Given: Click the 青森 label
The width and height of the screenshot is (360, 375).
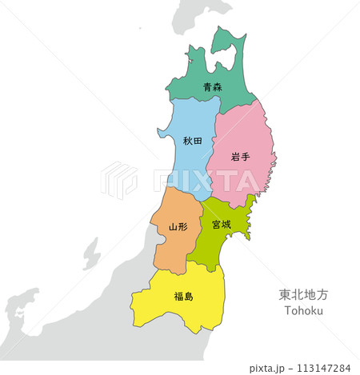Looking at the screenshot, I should point(212,87).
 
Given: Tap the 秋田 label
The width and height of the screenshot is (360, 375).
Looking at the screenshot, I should point(192,141).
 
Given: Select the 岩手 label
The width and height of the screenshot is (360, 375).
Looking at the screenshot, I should point(240,157).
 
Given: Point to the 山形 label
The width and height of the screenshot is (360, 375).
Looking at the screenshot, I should point(178,227).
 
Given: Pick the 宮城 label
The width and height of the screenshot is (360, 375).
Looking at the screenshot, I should point(222,225).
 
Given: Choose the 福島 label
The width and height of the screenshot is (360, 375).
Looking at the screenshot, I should point(183,296).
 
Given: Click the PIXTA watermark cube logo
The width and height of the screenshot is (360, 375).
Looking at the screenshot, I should point(118,179).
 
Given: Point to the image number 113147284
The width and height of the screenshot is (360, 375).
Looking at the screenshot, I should point(322,368).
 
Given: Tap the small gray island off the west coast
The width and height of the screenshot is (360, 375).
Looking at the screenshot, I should point(90,254).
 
